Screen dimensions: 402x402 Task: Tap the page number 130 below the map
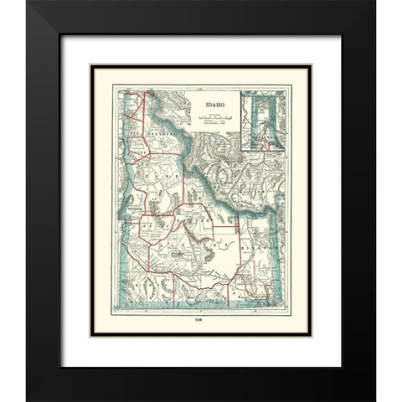click(202, 323)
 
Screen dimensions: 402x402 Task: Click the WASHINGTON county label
click(137, 204)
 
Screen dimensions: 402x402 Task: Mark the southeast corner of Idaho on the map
click(274, 301)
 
